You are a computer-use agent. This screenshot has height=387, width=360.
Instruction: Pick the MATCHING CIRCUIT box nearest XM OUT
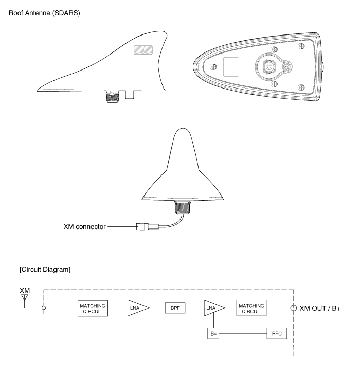click(x=251, y=308)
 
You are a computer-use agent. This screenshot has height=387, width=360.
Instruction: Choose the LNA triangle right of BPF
click(x=213, y=308)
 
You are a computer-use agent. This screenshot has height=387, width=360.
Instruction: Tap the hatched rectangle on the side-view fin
click(x=142, y=49)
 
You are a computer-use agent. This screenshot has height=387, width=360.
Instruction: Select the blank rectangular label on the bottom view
click(x=231, y=66)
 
